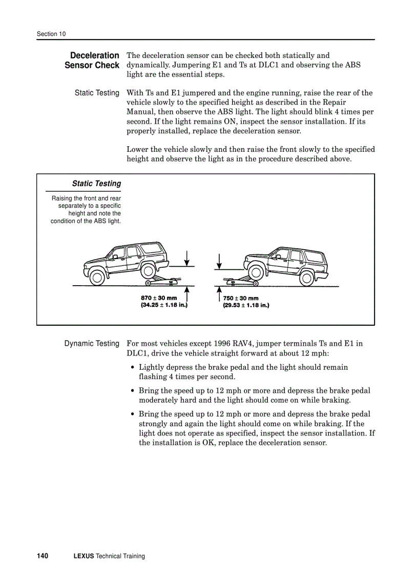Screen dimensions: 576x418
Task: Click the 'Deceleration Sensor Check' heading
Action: click(x=92, y=60)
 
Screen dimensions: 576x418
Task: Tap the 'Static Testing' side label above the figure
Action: click(x=97, y=93)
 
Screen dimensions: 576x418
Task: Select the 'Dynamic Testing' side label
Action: click(x=92, y=344)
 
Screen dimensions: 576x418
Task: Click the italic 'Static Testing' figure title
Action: click(x=96, y=184)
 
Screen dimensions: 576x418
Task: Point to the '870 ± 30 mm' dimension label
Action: click(x=159, y=298)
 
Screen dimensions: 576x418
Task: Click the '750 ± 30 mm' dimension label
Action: click(x=241, y=298)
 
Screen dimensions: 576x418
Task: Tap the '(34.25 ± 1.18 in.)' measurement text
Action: click(x=164, y=305)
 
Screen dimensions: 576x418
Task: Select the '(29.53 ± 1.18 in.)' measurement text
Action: click(x=246, y=305)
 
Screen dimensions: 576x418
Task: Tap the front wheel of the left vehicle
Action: click(x=97, y=277)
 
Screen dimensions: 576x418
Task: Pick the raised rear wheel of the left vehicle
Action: click(x=148, y=270)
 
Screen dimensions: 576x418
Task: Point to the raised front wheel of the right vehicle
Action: click(x=255, y=270)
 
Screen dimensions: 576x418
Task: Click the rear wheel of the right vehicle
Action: click(x=306, y=277)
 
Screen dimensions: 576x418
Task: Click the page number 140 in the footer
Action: click(x=43, y=556)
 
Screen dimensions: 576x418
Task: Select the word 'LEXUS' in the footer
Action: click(x=84, y=556)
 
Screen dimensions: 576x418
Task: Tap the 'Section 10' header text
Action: click(x=51, y=34)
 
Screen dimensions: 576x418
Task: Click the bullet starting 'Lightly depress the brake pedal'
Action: click(x=243, y=372)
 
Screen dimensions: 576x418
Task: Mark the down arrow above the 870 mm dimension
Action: click(x=188, y=259)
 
